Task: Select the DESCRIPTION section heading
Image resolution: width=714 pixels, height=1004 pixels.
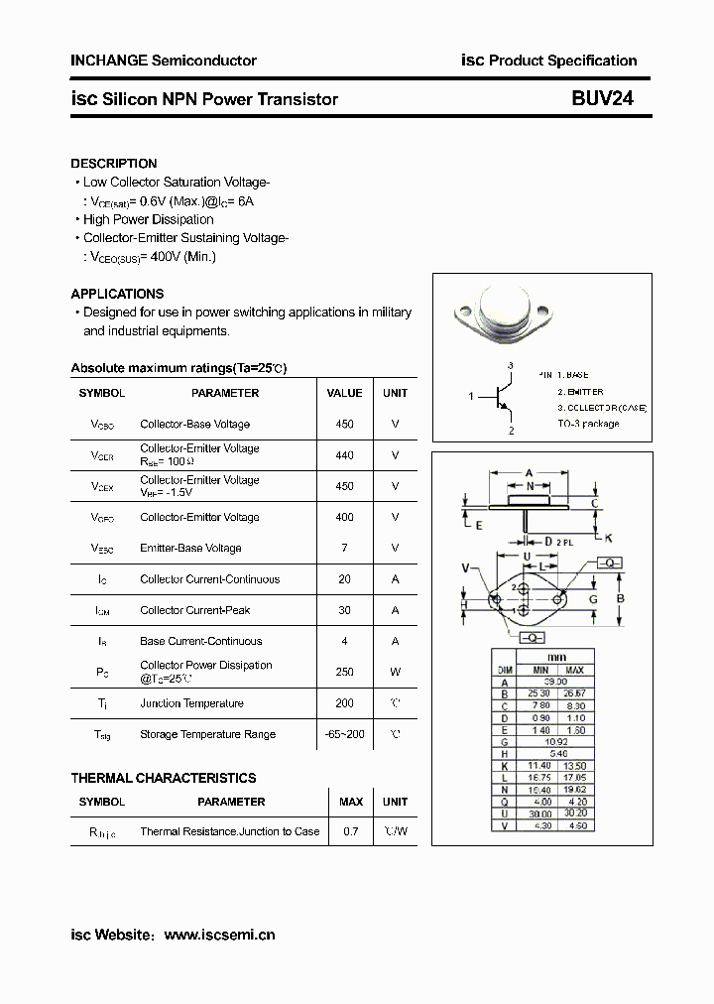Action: (x=113, y=164)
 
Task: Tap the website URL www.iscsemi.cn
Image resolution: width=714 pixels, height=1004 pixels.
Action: (x=219, y=935)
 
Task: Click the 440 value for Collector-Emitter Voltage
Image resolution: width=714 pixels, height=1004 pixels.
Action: (x=344, y=455)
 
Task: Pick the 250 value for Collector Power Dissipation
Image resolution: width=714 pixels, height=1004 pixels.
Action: (x=344, y=672)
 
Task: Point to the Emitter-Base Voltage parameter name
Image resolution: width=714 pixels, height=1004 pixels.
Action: (x=190, y=548)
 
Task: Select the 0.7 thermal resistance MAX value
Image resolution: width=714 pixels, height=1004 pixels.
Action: (x=351, y=831)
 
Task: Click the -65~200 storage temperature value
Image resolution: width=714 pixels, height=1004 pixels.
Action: (x=344, y=734)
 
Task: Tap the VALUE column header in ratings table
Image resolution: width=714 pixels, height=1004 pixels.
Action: (x=344, y=393)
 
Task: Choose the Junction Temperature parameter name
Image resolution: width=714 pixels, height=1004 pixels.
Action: (x=191, y=703)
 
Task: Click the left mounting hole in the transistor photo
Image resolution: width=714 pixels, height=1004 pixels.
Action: (x=463, y=310)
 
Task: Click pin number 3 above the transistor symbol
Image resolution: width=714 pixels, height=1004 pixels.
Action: (x=510, y=366)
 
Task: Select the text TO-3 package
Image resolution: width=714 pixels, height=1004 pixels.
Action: (x=588, y=424)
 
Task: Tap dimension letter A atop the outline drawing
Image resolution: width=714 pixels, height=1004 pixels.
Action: (x=530, y=472)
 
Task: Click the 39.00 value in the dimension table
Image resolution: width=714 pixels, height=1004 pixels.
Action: (x=554, y=683)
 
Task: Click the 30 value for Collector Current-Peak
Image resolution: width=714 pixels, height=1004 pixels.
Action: (x=344, y=610)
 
